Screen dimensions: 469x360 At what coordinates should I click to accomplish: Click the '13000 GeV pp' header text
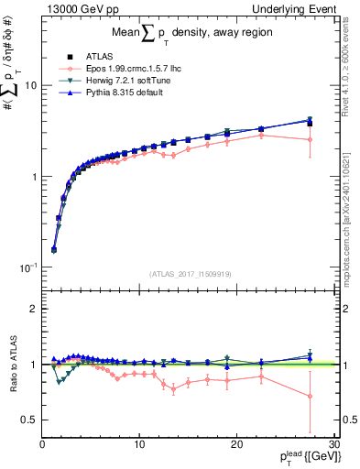78,8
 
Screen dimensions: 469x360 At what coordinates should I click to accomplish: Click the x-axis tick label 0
42,443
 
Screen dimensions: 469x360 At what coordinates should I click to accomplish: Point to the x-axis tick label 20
236,443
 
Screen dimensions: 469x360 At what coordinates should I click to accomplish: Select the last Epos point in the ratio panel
310,397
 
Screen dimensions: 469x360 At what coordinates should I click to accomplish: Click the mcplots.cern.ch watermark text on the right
349,220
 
